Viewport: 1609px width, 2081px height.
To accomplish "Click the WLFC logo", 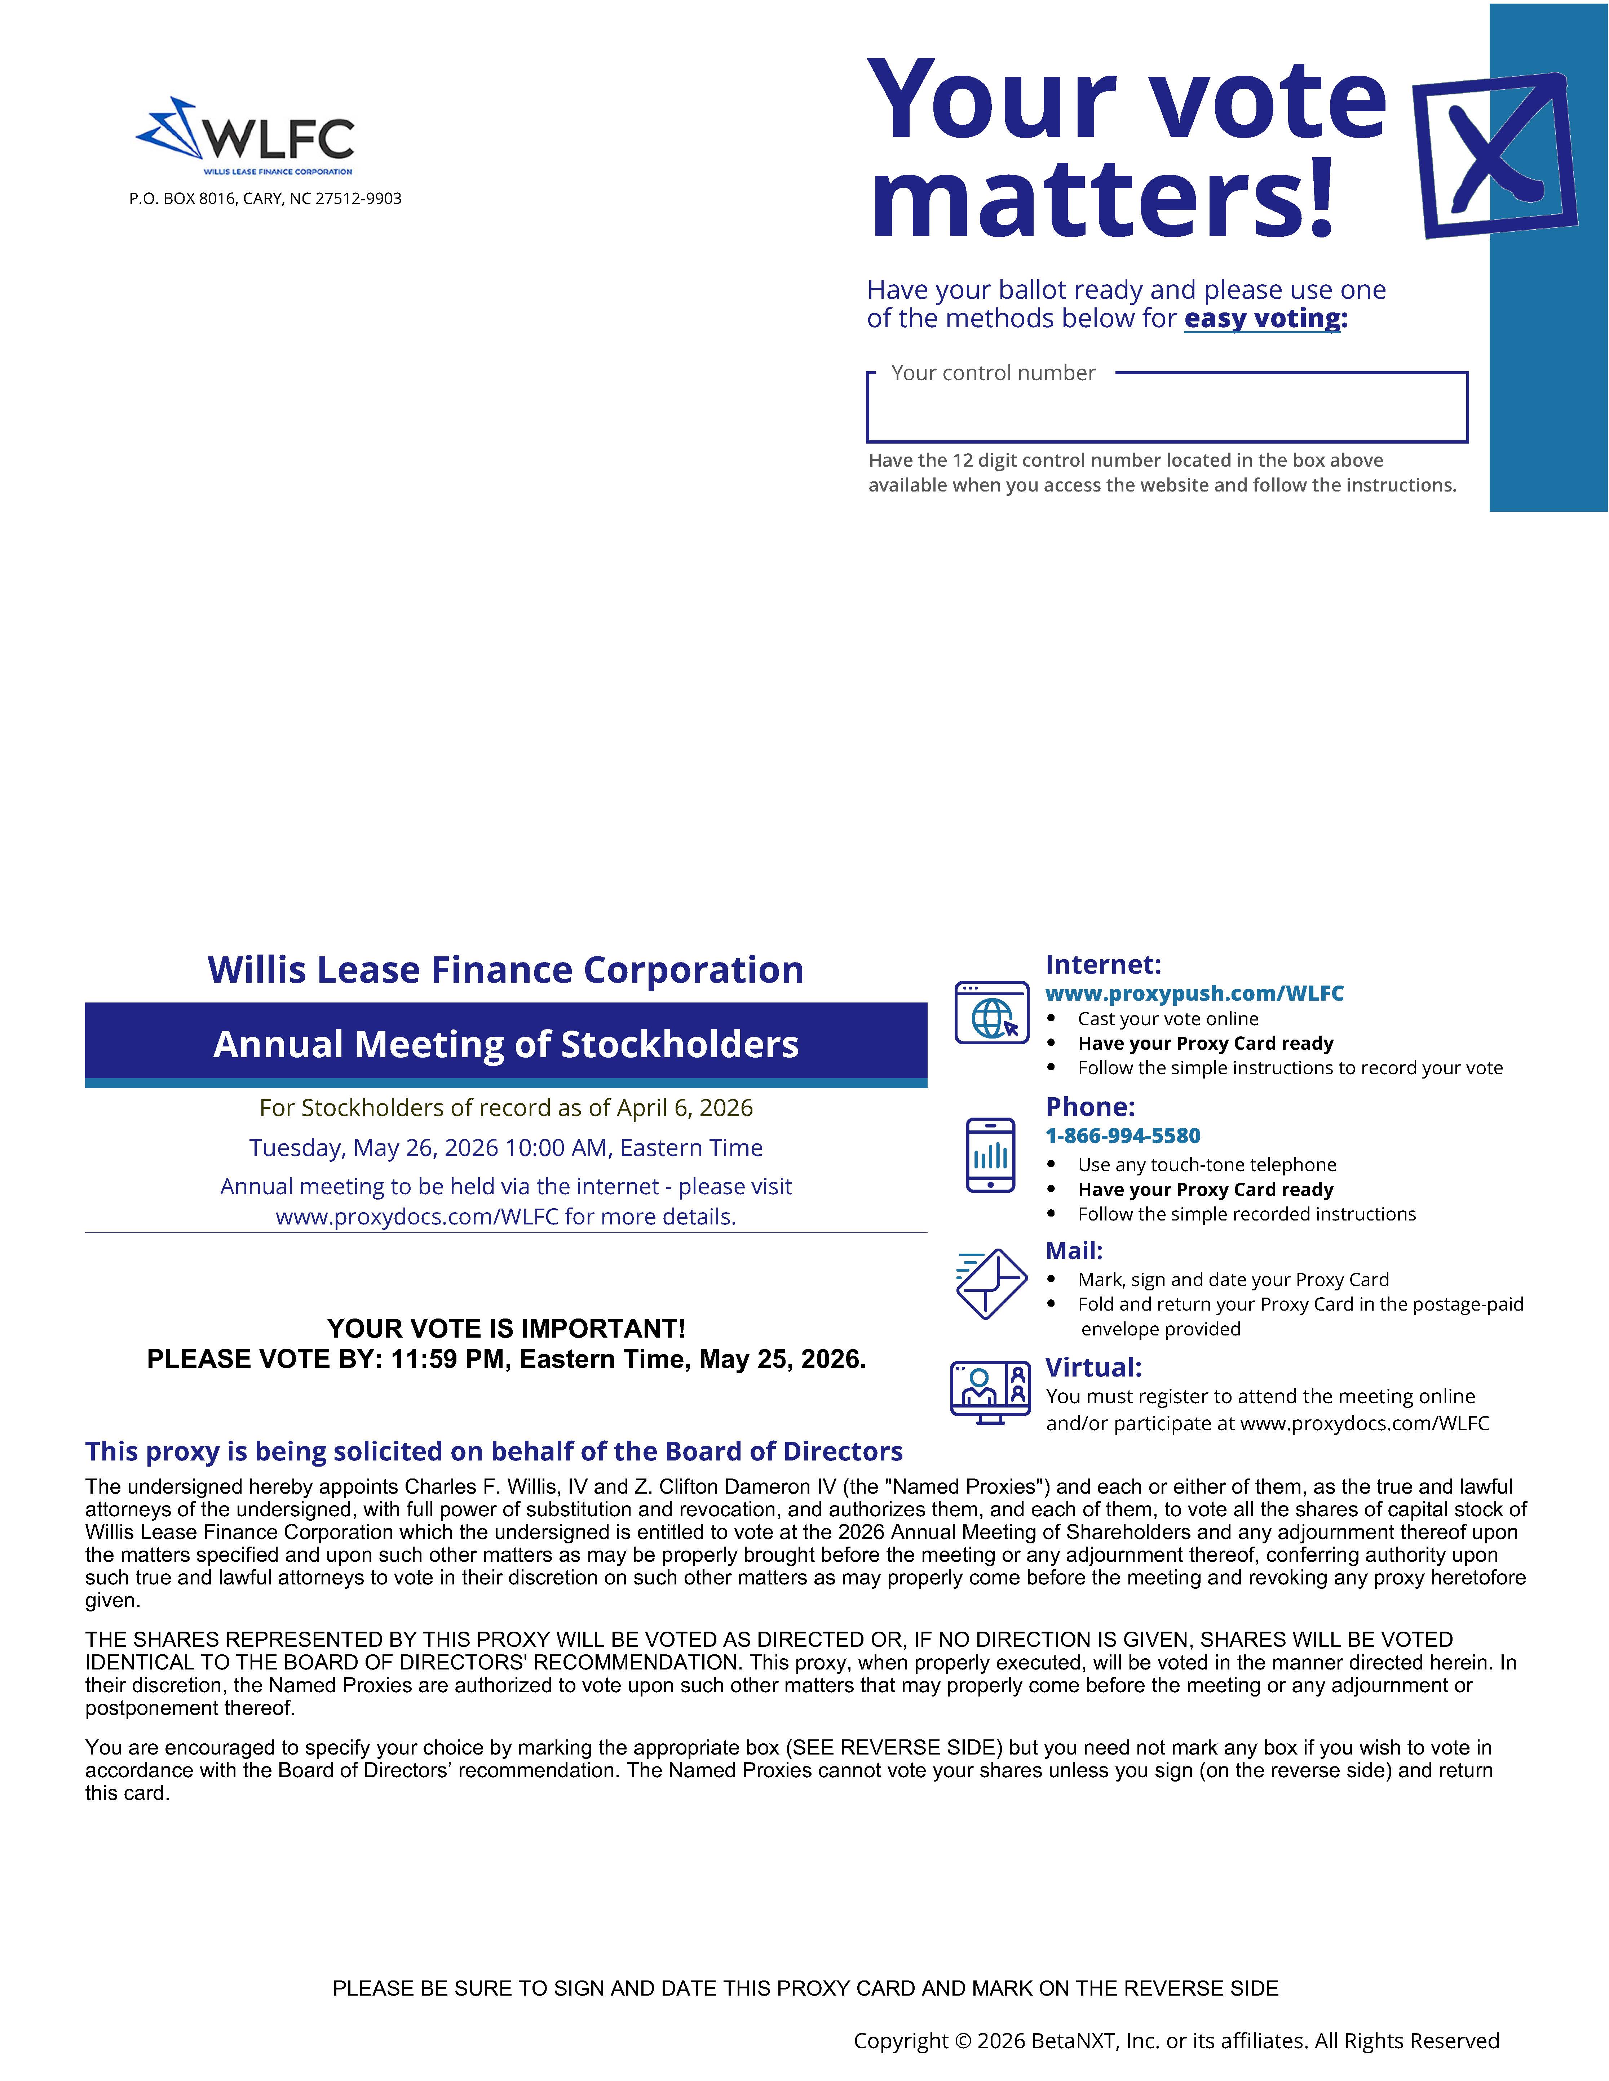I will pos(246,135).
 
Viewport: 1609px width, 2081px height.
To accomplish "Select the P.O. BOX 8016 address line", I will pos(265,198).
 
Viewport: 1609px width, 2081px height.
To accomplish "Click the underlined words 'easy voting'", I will pos(1262,318).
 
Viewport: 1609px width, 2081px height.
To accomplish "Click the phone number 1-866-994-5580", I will pos(1123,1136).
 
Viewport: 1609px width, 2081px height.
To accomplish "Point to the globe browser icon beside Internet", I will pos(991,1013).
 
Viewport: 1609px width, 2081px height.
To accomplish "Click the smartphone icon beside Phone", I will pos(990,1155).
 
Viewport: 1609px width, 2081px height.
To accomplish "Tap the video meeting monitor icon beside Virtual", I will pos(990,1392).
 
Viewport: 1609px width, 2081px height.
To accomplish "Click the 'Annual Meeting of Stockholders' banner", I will pos(506,1044).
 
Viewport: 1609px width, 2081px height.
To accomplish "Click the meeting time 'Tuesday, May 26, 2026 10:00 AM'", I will pos(506,1148).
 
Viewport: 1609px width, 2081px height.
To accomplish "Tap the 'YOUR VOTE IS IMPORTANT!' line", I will pos(506,1329).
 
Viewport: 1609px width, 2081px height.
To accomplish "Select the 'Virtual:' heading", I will pos(1093,1367).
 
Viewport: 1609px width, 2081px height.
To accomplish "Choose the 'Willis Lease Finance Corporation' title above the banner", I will pos(506,970).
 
